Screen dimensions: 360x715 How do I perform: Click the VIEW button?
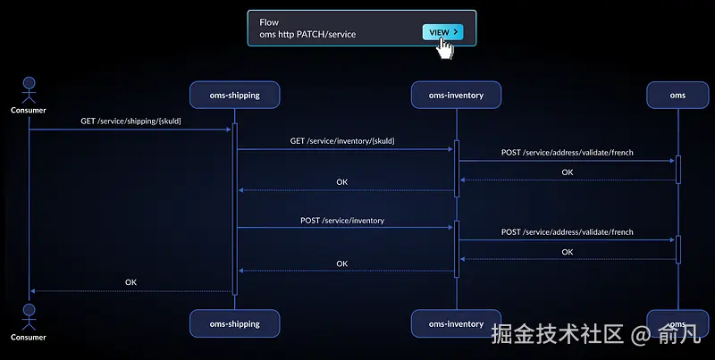(442, 32)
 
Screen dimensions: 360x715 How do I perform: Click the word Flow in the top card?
(269, 21)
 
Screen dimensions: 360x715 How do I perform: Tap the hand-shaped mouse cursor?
(445, 48)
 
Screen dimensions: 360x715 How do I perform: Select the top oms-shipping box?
(235, 95)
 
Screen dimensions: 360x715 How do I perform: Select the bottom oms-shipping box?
(235, 323)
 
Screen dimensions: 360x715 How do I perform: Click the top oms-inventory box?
(456, 95)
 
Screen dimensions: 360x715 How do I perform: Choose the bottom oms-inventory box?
(456, 323)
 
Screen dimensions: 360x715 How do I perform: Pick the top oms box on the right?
(677, 95)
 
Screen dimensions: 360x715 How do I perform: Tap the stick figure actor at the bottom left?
(29, 316)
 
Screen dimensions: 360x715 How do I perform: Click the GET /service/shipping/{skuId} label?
(130, 121)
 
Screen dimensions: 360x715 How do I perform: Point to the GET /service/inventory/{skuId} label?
(342, 141)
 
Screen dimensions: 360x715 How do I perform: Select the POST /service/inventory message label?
(342, 220)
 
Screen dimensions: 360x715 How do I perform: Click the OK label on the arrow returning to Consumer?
(130, 282)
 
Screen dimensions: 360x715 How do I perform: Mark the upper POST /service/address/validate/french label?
(567, 153)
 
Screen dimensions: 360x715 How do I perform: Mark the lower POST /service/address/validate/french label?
(567, 232)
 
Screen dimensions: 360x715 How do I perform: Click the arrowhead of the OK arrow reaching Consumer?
(32, 290)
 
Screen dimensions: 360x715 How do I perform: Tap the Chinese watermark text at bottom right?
(594, 336)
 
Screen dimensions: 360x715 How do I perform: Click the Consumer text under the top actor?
(29, 111)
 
